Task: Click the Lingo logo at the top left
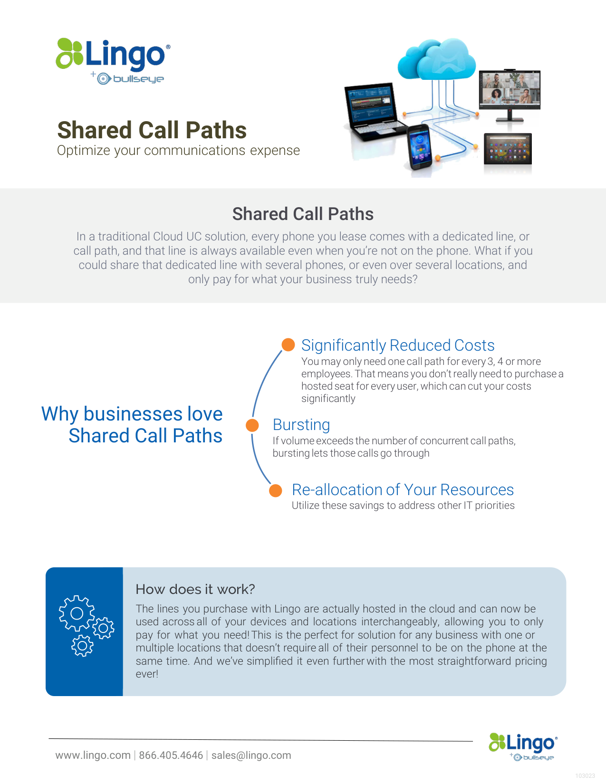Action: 113,61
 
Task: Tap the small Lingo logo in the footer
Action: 523,746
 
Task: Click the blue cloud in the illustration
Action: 437,59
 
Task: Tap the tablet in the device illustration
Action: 508,149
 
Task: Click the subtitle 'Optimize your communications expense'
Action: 178,151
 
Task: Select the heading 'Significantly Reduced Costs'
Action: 398,345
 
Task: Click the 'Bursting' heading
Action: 301,425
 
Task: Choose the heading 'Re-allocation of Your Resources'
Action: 403,489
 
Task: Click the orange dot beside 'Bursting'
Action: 252,425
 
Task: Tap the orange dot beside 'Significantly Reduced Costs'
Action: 288,344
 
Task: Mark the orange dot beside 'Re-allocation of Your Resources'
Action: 275,491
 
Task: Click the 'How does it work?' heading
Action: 195,589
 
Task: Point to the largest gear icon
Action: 77,613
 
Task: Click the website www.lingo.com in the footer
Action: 93,755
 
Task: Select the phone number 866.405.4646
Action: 171,755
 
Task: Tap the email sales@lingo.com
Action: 251,755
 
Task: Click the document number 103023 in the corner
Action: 585,776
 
